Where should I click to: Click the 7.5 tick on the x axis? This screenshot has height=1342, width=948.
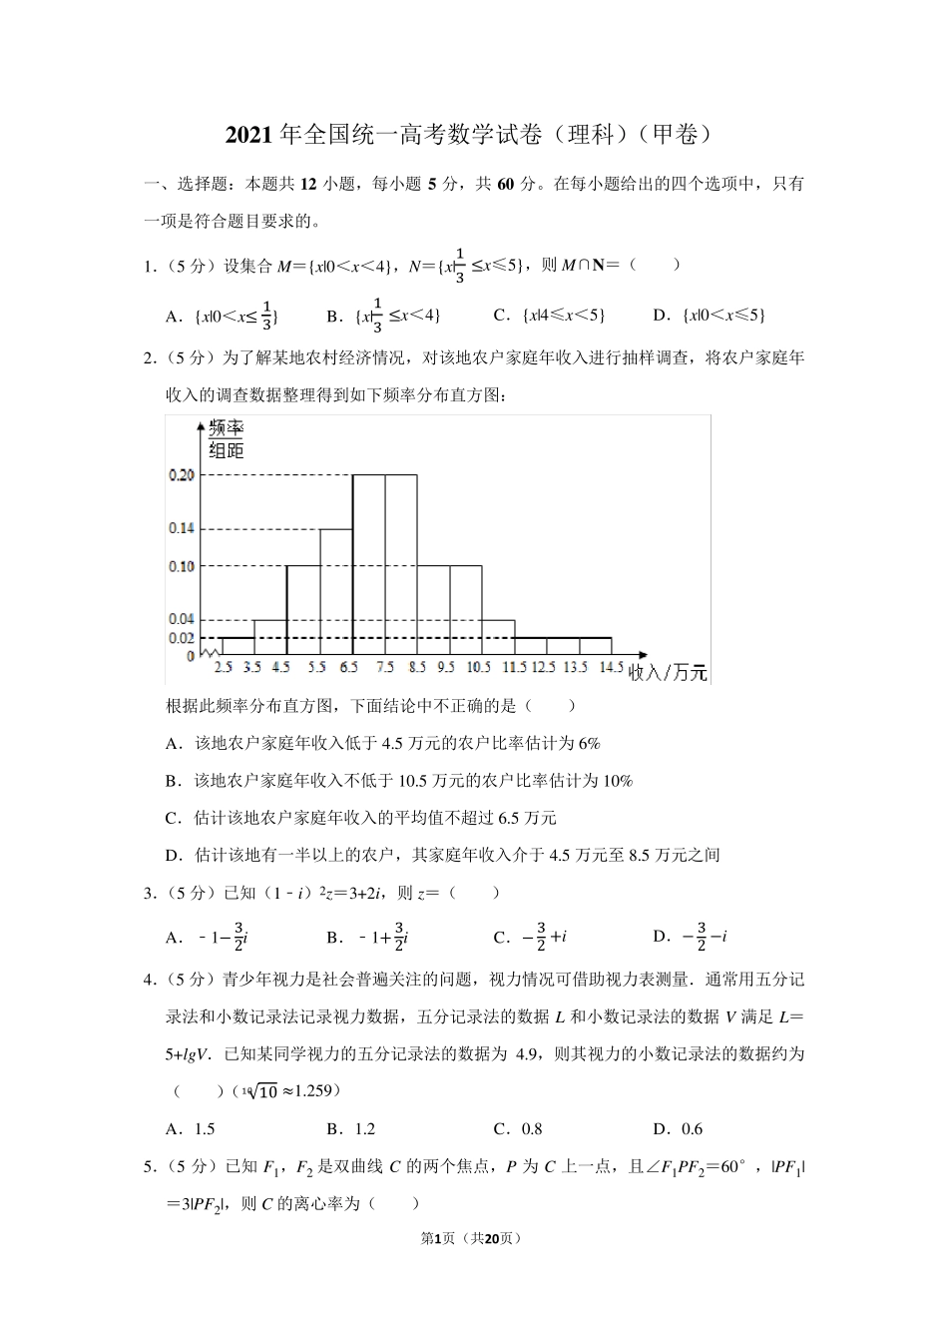tap(384, 666)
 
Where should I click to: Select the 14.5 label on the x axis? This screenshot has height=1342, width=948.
tap(611, 666)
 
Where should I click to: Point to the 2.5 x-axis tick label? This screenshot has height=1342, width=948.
tap(223, 666)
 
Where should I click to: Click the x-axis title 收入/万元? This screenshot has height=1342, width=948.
tap(668, 673)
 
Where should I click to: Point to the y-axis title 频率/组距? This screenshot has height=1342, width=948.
tap(227, 439)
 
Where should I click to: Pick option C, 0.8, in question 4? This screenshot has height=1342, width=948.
tap(518, 1129)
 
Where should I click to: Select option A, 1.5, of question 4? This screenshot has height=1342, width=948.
tap(191, 1129)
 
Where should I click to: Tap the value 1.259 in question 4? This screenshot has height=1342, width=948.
tap(307, 1091)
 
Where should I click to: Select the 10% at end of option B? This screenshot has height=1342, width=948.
tap(618, 781)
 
